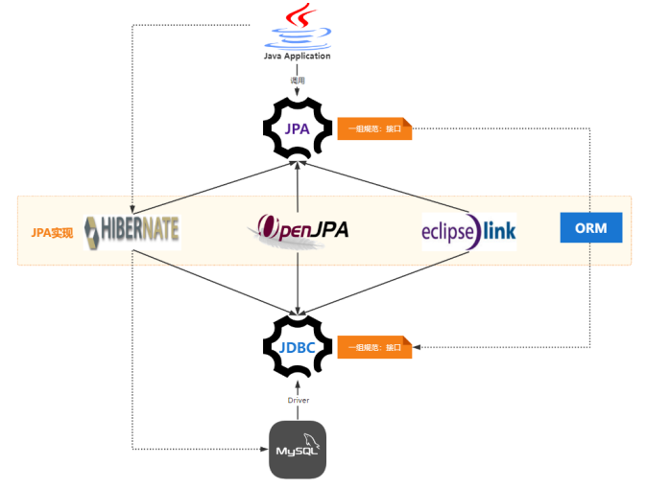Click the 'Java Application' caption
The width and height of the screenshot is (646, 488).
pos(298,56)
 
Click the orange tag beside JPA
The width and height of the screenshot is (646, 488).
pos(374,129)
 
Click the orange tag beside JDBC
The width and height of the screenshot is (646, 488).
pos(374,347)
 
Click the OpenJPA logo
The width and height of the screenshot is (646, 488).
pos(298,231)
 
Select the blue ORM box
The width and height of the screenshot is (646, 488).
pos(590,229)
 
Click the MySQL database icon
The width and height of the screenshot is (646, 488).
pos(298,449)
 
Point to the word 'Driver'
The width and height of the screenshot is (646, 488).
pos(298,400)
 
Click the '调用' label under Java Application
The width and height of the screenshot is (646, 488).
pos(298,81)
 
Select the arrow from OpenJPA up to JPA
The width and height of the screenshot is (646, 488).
pos(298,187)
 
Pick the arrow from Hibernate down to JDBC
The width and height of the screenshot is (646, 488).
pos(216,284)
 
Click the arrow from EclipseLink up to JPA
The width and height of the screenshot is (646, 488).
pos(384,187)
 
